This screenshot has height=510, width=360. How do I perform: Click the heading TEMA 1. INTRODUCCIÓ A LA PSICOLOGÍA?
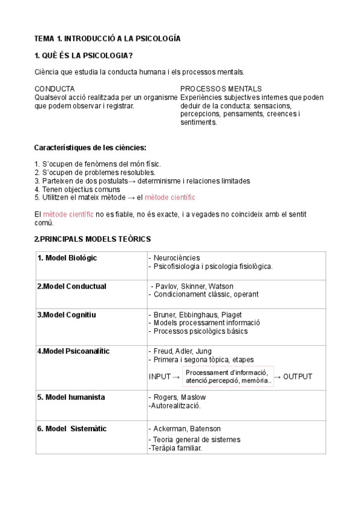point(108,38)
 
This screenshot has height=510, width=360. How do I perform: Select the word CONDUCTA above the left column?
point(55,88)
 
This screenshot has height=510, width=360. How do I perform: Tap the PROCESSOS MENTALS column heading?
point(221,88)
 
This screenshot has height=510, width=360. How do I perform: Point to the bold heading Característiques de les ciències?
point(90,147)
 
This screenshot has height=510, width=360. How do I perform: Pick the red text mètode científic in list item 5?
point(170,197)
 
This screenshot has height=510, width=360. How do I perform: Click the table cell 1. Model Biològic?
point(67,258)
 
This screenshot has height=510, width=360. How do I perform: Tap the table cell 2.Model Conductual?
point(72,286)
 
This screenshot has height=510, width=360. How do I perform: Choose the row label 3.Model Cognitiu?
point(66,315)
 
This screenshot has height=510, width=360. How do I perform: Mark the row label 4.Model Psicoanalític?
point(73,351)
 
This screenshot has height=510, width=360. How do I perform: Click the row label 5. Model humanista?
point(71,397)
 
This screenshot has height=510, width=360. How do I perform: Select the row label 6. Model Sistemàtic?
point(72,429)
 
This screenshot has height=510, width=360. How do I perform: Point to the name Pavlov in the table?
point(165,286)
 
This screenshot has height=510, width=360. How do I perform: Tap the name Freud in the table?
point(163,351)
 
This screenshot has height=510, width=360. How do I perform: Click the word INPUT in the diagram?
point(160,377)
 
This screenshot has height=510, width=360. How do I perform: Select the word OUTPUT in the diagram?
point(297,377)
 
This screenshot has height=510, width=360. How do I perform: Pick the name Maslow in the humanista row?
point(192,397)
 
